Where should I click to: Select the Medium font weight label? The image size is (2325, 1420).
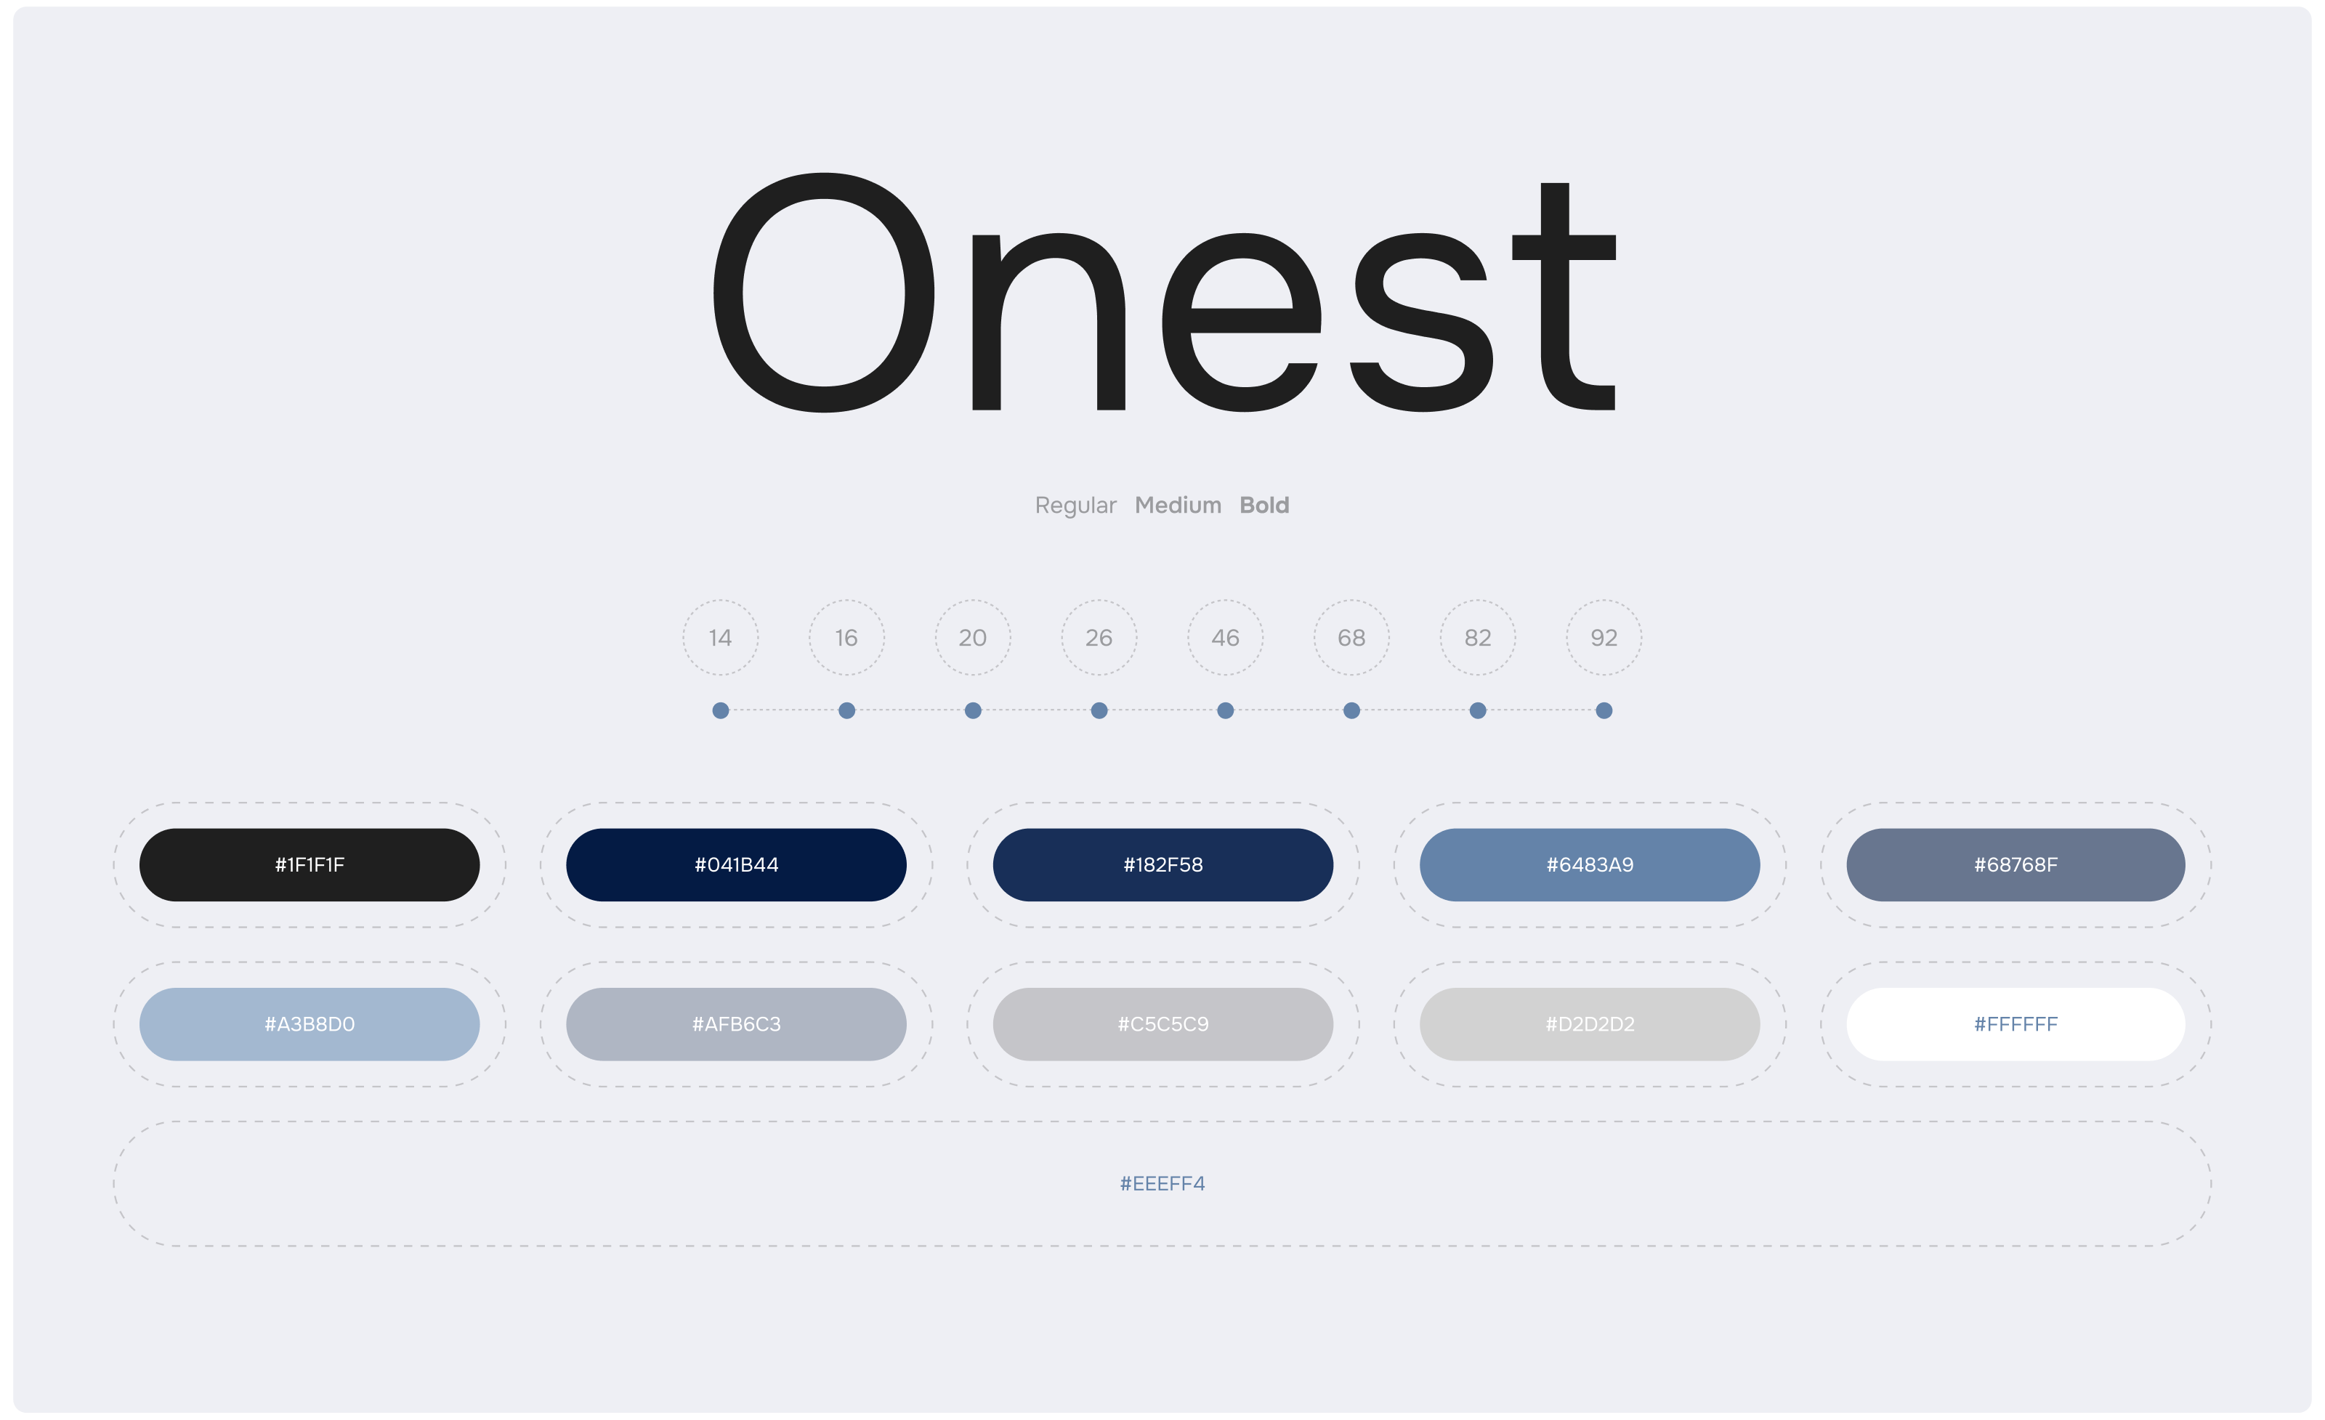1178,505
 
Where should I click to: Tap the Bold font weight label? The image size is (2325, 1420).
1264,505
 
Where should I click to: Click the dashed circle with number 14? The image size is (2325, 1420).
720,601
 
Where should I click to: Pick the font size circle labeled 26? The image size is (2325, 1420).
1099,601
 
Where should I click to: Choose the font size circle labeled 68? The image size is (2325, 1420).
1351,601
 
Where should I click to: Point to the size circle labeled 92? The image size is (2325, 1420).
1604,601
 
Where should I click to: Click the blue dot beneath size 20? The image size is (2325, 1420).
973,710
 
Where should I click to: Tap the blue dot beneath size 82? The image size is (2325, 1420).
1478,710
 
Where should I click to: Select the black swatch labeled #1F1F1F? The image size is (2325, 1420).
310,864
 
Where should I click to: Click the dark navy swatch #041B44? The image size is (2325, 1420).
736,864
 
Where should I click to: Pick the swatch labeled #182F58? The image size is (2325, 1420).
1162,864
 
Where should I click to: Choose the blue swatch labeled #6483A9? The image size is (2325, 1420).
1590,864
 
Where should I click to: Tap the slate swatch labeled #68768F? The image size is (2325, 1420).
2015,864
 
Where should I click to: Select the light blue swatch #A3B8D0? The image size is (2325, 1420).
310,1023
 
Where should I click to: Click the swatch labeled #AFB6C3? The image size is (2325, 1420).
736,1023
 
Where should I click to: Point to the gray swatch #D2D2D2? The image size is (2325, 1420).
1590,1023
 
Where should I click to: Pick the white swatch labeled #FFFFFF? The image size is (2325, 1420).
2015,1023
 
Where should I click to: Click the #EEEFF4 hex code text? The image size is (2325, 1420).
1162,1183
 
